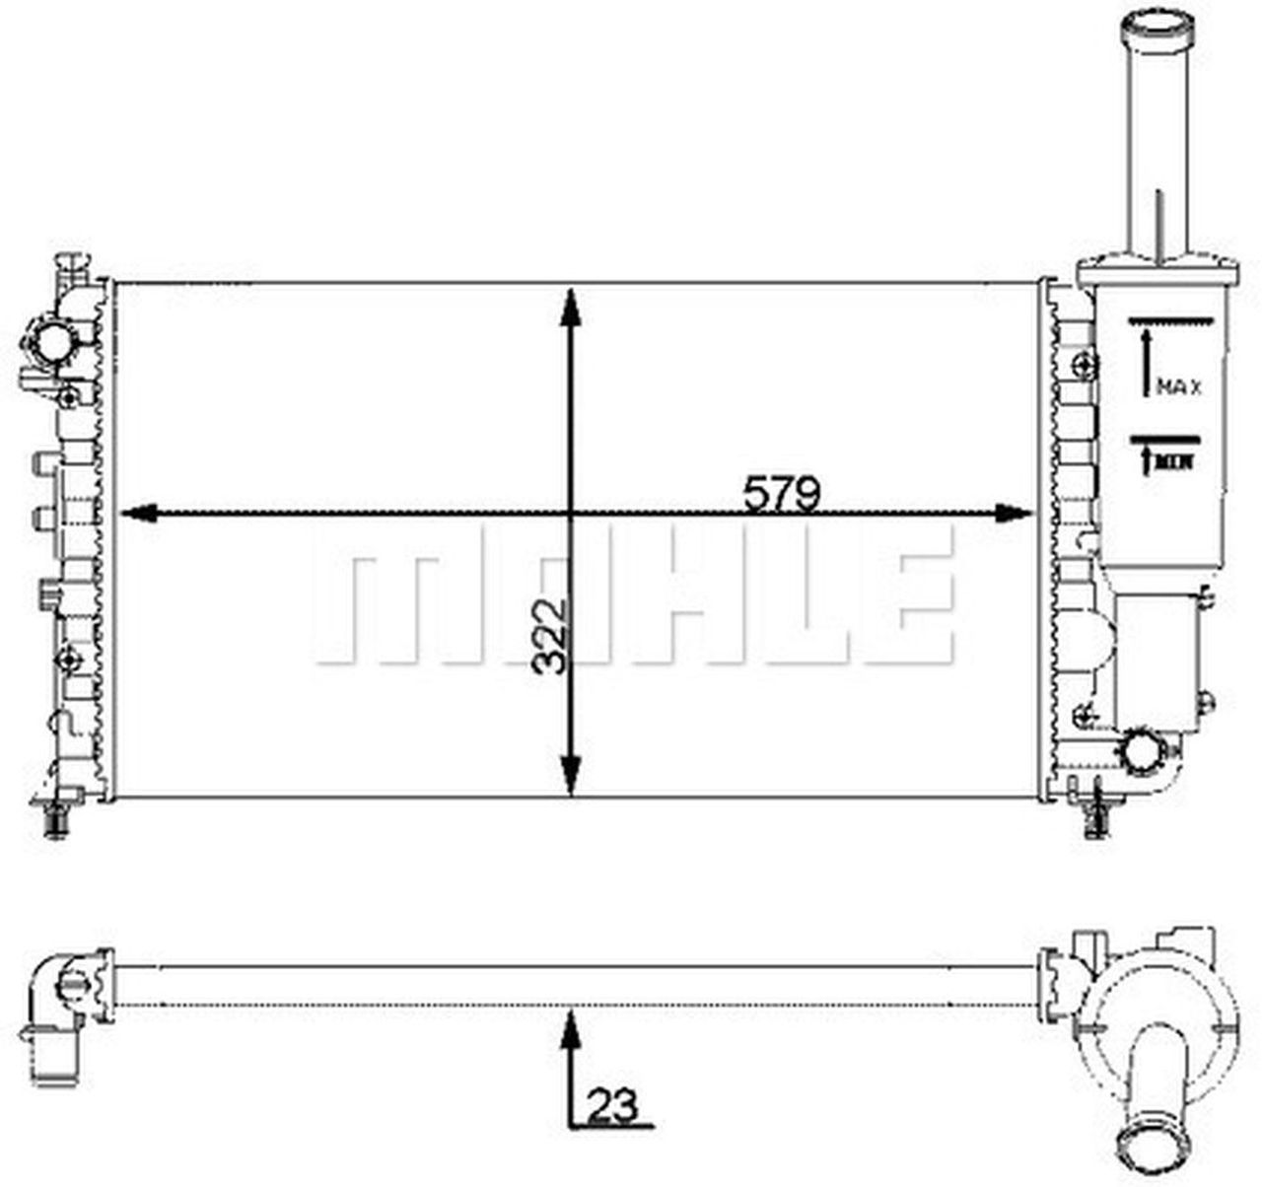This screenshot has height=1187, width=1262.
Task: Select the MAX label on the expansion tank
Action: (x=1179, y=386)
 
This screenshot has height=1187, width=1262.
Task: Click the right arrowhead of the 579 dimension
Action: (x=1013, y=513)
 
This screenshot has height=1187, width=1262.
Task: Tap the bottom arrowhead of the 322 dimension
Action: (x=571, y=776)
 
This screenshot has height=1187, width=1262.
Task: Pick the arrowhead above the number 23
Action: (x=571, y=1029)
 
